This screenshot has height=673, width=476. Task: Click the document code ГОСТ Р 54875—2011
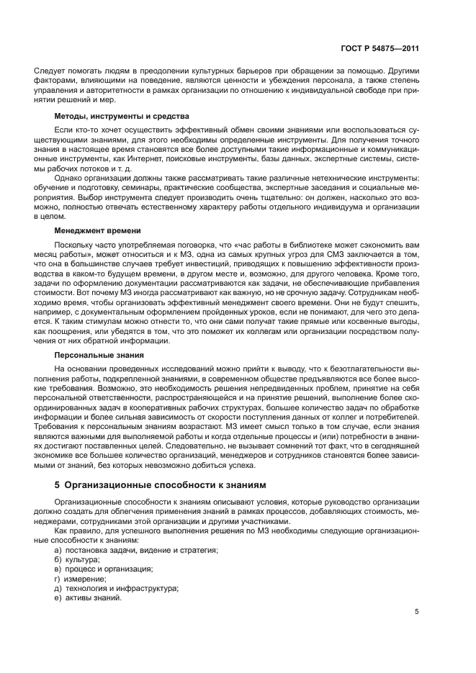coord(380,48)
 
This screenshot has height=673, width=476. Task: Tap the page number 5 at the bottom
coord(416,612)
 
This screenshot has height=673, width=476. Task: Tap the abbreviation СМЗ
coord(346,255)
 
